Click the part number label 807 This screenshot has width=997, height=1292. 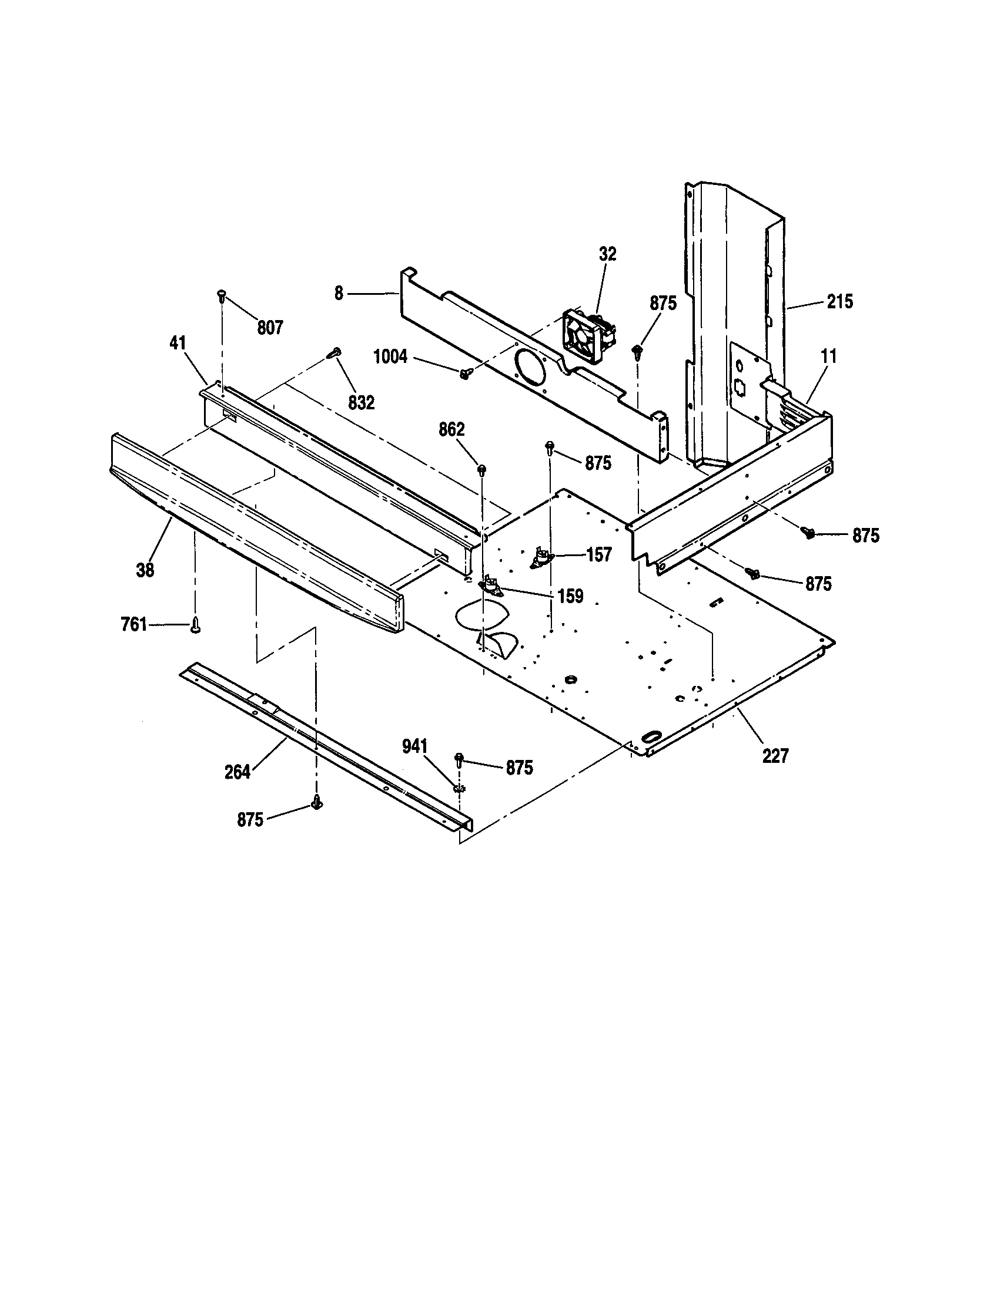[270, 328]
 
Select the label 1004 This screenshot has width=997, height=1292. [390, 356]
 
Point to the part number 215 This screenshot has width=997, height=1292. [840, 302]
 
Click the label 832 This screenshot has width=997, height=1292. [361, 403]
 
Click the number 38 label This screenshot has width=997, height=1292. [145, 570]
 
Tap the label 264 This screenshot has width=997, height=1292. [237, 773]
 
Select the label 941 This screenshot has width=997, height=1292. [414, 747]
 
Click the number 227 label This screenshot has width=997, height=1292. [775, 756]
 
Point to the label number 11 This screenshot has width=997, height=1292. [829, 356]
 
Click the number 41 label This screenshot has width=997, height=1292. [178, 344]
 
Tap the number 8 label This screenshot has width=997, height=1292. [339, 294]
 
